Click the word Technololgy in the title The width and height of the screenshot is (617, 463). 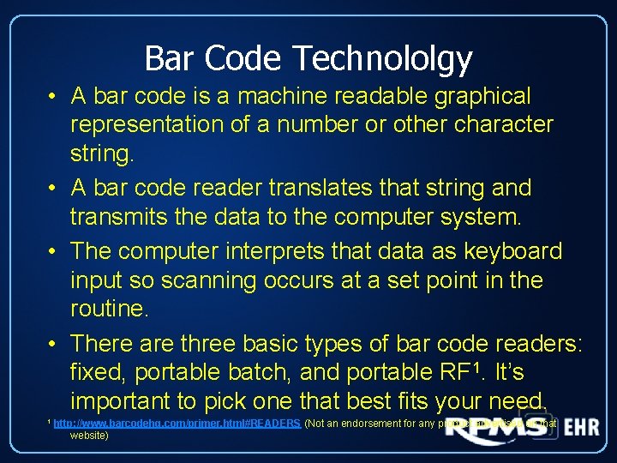pyautogui.click(x=382, y=59)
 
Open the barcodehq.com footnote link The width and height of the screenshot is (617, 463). pyautogui.click(x=177, y=424)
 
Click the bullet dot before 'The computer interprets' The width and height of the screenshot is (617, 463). pyautogui.click(x=53, y=251)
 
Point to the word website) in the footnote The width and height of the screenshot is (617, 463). pyautogui.click(x=89, y=436)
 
